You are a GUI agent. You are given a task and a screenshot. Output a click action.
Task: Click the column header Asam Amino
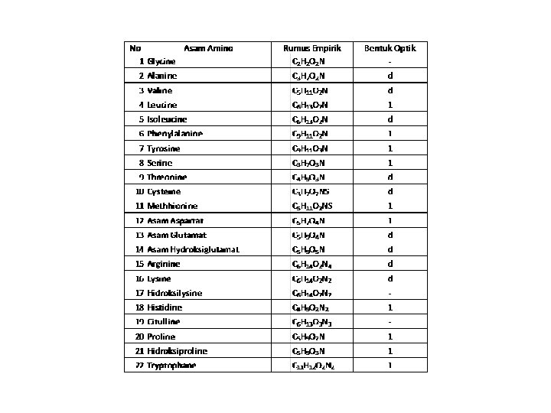[208, 47]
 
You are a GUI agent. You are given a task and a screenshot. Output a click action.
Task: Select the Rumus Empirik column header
[311, 47]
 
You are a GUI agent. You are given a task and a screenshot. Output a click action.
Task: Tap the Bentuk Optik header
[390, 47]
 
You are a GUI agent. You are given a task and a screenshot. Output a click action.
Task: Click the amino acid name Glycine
[161, 61]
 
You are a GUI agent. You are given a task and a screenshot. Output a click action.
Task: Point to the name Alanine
[162, 76]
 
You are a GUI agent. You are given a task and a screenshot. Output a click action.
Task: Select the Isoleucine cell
[167, 119]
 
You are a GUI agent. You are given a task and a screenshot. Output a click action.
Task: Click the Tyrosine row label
[164, 148]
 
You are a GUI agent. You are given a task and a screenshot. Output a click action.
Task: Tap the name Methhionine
[172, 206]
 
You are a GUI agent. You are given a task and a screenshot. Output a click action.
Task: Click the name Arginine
[165, 264]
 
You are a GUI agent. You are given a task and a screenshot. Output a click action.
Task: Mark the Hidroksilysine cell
[174, 293]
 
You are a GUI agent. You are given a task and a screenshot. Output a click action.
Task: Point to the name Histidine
[165, 307]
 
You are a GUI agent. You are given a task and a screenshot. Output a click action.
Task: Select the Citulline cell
[165, 322]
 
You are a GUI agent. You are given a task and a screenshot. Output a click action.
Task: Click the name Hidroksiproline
[178, 351]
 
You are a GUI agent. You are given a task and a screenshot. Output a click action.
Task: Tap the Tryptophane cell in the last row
[171, 366]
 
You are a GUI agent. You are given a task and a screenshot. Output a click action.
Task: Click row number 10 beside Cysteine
[139, 192]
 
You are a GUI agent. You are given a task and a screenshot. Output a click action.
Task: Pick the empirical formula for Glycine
[308, 61]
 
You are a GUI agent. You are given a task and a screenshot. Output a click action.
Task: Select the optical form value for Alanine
[390, 76]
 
